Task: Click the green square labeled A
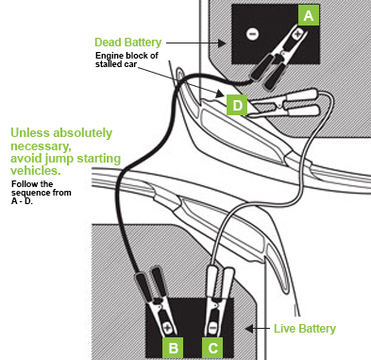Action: [309, 15]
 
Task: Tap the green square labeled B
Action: [173, 348]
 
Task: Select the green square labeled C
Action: [212, 348]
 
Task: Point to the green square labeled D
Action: [237, 105]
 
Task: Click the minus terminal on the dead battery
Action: [252, 34]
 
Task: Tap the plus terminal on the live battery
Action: [166, 328]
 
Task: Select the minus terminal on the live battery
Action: [213, 328]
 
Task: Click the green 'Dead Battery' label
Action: [128, 43]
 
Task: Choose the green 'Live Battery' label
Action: [305, 329]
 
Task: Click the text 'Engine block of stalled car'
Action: [126, 60]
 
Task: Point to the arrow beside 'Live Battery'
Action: [258, 329]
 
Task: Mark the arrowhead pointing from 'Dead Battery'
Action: [222, 43]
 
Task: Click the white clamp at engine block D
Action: [283, 104]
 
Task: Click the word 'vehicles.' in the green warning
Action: [36, 170]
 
